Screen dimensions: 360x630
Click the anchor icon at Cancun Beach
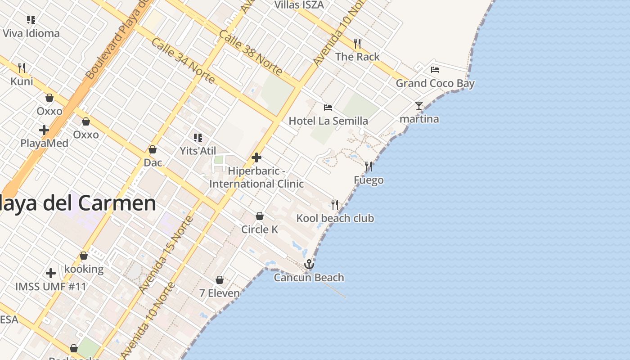pyautogui.click(x=309, y=264)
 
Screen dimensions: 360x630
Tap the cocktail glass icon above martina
pyautogui.click(x=419, y=106)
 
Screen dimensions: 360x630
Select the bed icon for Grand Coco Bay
pyautogui.click(x=435, y=70)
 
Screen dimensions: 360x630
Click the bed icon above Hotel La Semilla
pyautogui.click(x=328, y=108)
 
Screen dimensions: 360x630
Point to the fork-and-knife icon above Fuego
pyautogui.click(x=369, y=166)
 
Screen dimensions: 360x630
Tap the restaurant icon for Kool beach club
pyautogui.click(x=335, y=205)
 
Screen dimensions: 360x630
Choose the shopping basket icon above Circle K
pyautogui.click(x=260, y=216)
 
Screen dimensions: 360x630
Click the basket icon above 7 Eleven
pyautogui.click(x=220, y=280)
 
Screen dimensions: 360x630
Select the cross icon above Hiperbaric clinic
pyautogui.click(x=256, y=157)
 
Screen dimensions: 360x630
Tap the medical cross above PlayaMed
pyautogui.click(x=44, y=130)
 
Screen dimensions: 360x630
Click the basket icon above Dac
pyautogui.click(x=153, y=149)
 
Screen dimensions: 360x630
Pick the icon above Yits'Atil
pyautogui.click(x=198, y=137)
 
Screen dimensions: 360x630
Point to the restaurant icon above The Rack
pyautogui.click(x=357, y=43)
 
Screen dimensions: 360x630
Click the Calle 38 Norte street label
pyautogui.click(x=251, y=53)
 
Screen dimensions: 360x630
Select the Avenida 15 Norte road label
pyautogui.click(x=166, y=255)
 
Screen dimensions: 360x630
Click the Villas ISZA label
pyautogui.click(x=299, y=5)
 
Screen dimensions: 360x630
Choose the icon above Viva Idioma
pyautogui.click(x=31, y=20)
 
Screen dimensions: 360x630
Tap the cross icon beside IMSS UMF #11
pyautogui.click(x=51, y=273)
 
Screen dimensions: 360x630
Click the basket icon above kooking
pyautogui.click(x=84, y=256)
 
